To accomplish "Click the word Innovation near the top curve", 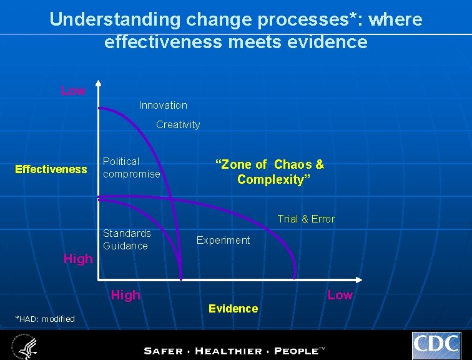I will click(163, 105).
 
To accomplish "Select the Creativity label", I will click(178, 124).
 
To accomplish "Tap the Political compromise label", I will click(131, 167).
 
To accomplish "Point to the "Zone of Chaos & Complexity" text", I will click(270, 172).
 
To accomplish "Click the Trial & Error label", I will click(306, 219).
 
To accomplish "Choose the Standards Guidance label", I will click(127, 239).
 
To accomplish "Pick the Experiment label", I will click(223, 240).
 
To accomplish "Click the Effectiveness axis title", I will click(51, 169).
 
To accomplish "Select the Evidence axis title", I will click(233, 308).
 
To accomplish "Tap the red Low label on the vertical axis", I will click(73, 91).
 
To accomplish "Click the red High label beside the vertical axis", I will click(78, 258).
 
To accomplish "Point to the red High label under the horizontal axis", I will click(125, 295).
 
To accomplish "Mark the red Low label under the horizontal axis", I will click(340, 295).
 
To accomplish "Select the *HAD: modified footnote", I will click(44, 319).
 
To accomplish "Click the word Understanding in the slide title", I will click(115, 19).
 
